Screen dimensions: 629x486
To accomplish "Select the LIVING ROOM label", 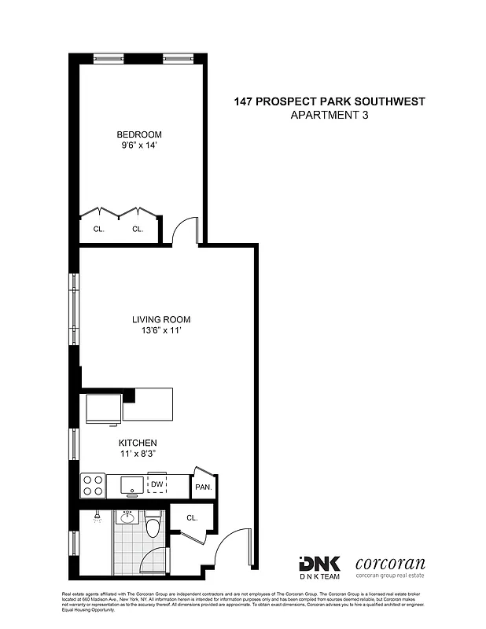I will point(161,320).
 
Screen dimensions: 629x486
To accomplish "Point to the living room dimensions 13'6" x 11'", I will point(161,331).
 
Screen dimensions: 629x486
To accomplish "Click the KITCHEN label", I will point(138,443).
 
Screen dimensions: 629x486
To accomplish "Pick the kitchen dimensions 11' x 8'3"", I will point(138,454).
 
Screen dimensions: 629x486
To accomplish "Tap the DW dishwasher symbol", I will point(157,484).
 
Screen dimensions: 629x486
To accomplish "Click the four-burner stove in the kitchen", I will point(93,484).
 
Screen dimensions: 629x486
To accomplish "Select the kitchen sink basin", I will point(130,485).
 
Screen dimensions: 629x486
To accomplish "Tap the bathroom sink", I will point(127,517).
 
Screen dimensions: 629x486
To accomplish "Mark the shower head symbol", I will point(95,517).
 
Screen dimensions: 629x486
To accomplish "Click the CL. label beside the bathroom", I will point(192,518).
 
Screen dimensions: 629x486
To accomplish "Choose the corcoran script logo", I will point(390,563).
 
